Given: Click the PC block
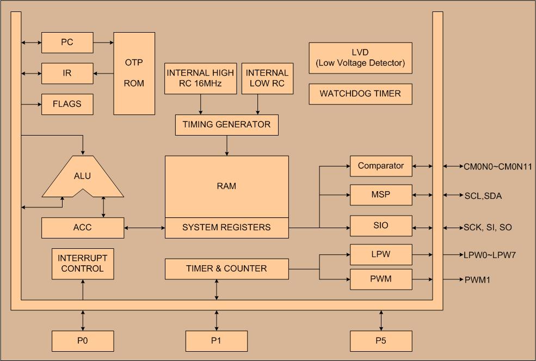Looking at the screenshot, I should coord(67,42).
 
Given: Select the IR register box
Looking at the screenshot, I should coord(67,73).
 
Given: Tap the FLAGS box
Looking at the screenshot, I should coord(67,104).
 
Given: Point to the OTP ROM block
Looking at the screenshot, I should coord(134,73).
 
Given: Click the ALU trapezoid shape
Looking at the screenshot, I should coord(82,176).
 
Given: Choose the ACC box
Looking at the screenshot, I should coord(82,228).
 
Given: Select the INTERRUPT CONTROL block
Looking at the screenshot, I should coord(82,264).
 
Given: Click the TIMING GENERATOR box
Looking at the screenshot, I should coord(226,125).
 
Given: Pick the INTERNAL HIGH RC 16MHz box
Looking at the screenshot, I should coord(200,78).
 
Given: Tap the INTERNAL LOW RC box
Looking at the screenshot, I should coord(267,78).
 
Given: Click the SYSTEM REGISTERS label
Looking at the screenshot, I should coord(226,228).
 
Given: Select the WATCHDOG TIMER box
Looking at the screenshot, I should coord(360,94).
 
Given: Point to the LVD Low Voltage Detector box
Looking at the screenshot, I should coord(360,58).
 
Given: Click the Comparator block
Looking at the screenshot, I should coord(381,166).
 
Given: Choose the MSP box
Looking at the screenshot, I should coord(381,195).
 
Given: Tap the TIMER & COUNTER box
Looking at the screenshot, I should coord(226,268).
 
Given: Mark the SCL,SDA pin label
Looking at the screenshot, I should coord(483,195).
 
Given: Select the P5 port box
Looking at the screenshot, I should coord(381,341).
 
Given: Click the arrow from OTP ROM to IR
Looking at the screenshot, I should coord(103,73).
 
